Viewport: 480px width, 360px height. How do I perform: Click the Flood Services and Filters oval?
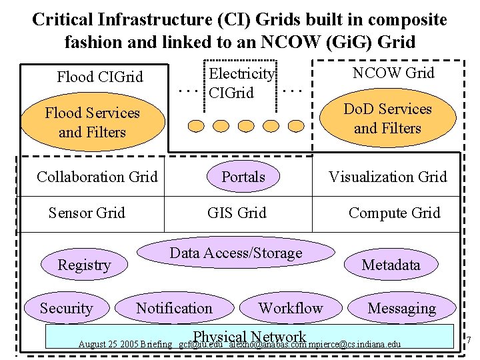92,123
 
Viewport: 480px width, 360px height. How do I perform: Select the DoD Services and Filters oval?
387,119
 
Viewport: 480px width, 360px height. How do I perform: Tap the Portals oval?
243,177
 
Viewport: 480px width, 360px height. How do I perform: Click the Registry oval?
84,265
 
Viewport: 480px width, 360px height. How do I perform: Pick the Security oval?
66,308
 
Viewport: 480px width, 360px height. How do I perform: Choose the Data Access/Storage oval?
236,253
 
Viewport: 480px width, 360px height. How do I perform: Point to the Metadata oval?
391,265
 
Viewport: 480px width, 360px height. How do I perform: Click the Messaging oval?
401,308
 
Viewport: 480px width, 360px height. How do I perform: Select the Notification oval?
174,308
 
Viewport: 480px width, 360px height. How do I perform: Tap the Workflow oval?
290,308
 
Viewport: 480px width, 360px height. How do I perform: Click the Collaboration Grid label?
97,177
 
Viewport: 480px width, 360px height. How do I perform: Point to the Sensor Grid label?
87,213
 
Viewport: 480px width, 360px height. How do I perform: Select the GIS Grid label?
237,213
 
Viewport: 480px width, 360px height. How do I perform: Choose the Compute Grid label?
395,213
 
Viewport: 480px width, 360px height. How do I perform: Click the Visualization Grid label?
387,177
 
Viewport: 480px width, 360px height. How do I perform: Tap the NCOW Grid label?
393,73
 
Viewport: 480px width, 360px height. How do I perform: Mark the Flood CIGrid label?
100,77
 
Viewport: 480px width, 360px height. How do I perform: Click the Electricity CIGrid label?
241,83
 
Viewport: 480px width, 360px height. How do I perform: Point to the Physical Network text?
249,337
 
